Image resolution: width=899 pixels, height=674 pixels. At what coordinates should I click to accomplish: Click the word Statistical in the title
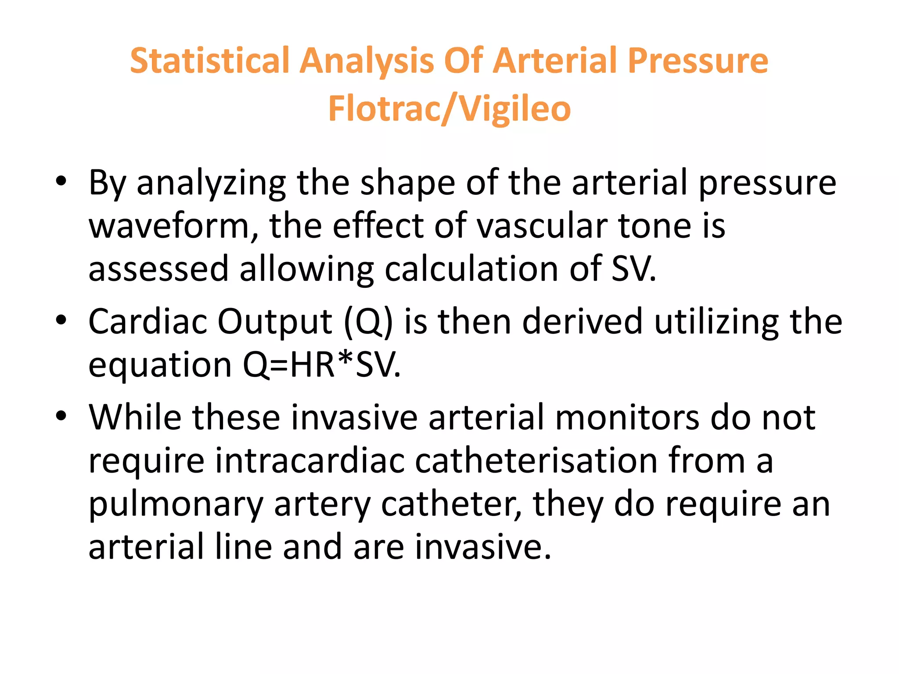(x=209, y=61)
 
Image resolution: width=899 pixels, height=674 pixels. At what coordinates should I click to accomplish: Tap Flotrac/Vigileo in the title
(x=449, y=109)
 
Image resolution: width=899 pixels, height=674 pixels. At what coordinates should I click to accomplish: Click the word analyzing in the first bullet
(x=211, y=183)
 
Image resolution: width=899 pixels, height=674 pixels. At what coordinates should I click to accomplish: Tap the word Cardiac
(x=147, y=322)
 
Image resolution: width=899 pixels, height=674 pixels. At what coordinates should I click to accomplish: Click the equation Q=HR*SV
(x=322, y=365)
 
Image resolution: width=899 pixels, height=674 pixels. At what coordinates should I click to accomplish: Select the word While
(x=135, y=417)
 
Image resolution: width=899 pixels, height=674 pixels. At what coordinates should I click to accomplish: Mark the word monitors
(x=627, y=417)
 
